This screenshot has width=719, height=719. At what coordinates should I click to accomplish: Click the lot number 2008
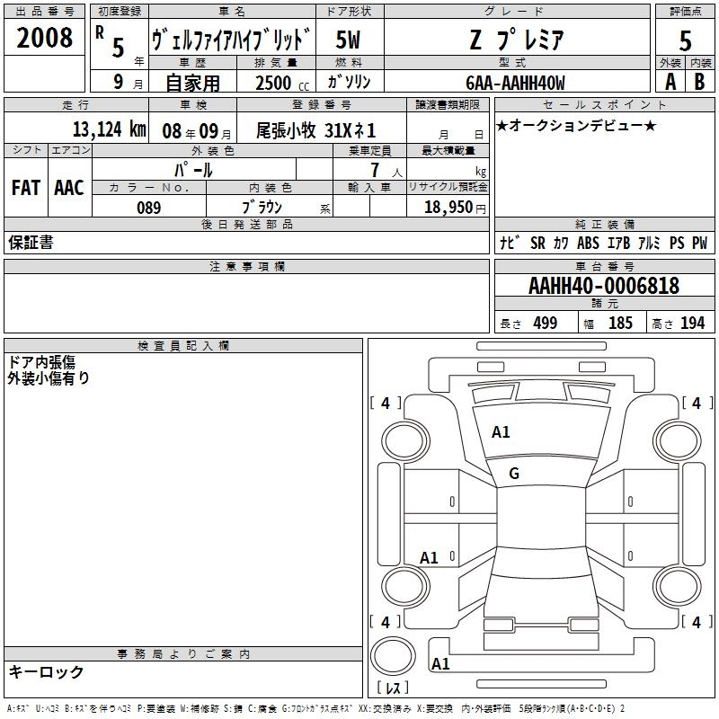point(44,38)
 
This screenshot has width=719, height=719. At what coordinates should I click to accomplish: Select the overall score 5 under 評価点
point(685,40)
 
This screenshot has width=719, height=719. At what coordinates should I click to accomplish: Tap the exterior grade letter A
point(670,82)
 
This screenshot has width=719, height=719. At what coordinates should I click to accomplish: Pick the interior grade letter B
point(699,82)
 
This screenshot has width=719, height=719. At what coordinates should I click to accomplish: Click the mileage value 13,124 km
point(109,129)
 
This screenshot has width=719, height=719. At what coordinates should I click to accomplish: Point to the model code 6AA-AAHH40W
point(515,83)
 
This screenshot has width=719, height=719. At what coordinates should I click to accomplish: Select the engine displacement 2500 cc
point(282,83)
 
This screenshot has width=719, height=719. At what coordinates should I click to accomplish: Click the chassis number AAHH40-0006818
point(604,286)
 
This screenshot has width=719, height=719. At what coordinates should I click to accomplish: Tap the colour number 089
point(148,208)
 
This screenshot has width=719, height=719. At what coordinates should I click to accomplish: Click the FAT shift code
point(26,188)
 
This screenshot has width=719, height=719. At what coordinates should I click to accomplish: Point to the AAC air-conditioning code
point(69,188)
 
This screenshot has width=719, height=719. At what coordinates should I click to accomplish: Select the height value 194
point(692,323)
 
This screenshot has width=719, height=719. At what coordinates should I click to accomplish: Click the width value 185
point(620,323)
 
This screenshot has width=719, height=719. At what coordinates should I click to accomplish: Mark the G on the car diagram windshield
point(514,474)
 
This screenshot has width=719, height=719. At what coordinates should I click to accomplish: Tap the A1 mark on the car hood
point(501,432)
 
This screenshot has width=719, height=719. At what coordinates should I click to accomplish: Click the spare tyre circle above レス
point(393,656)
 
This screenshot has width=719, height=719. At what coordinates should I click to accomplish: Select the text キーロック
point(46,671)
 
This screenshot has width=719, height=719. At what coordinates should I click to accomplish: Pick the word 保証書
point(31,243)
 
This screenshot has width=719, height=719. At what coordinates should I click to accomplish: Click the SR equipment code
point(537,243)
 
